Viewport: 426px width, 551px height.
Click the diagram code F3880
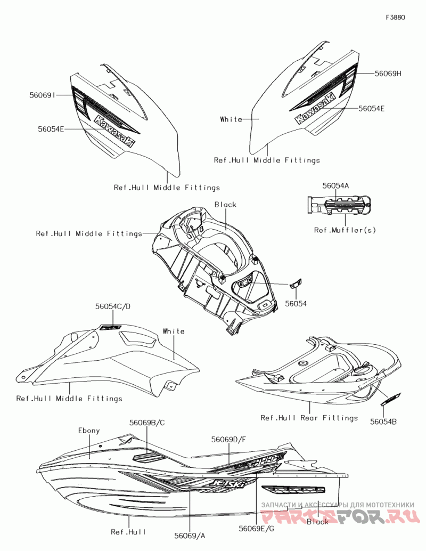coord(395,17)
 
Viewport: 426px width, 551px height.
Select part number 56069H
coord(387,74)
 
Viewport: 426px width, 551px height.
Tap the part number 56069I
coord(43,95)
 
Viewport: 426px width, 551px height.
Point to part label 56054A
coord(335,186)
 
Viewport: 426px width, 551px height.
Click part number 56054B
coord(383,422)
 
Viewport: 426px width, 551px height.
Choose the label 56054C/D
coord(113,306)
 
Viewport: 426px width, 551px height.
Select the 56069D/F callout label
coord(228,440)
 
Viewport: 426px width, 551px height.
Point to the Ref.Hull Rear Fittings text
coord(309,418)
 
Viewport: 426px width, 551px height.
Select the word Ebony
coord(89,430)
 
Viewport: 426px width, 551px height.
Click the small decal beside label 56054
coord(296,282)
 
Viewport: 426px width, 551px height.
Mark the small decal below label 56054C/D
coord(111,327)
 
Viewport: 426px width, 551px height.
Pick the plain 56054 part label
coord(296,303)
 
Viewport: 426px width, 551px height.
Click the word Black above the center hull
coord(225,205)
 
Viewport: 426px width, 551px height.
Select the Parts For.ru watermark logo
coord(341,516)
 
